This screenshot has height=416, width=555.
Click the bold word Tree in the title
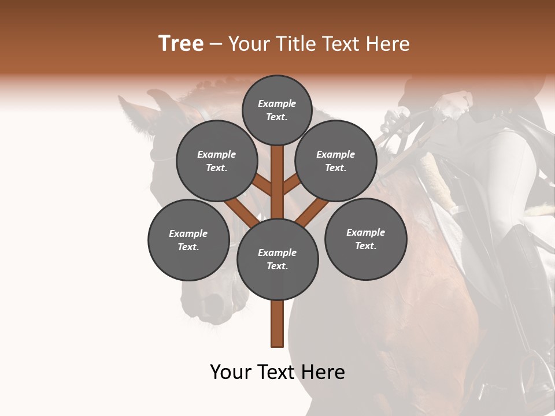click(181, 44)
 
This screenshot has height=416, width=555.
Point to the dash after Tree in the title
click(216, 44)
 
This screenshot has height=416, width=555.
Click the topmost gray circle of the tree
click(277, 110)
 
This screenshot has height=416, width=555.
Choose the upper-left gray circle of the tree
click(217, 161)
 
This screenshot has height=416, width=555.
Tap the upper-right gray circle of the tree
click(336, 161)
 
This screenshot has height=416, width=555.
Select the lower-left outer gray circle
click(188, 240)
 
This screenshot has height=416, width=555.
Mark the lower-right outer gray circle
click(366, 239)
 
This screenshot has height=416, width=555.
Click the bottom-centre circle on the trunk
click(277, 259)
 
